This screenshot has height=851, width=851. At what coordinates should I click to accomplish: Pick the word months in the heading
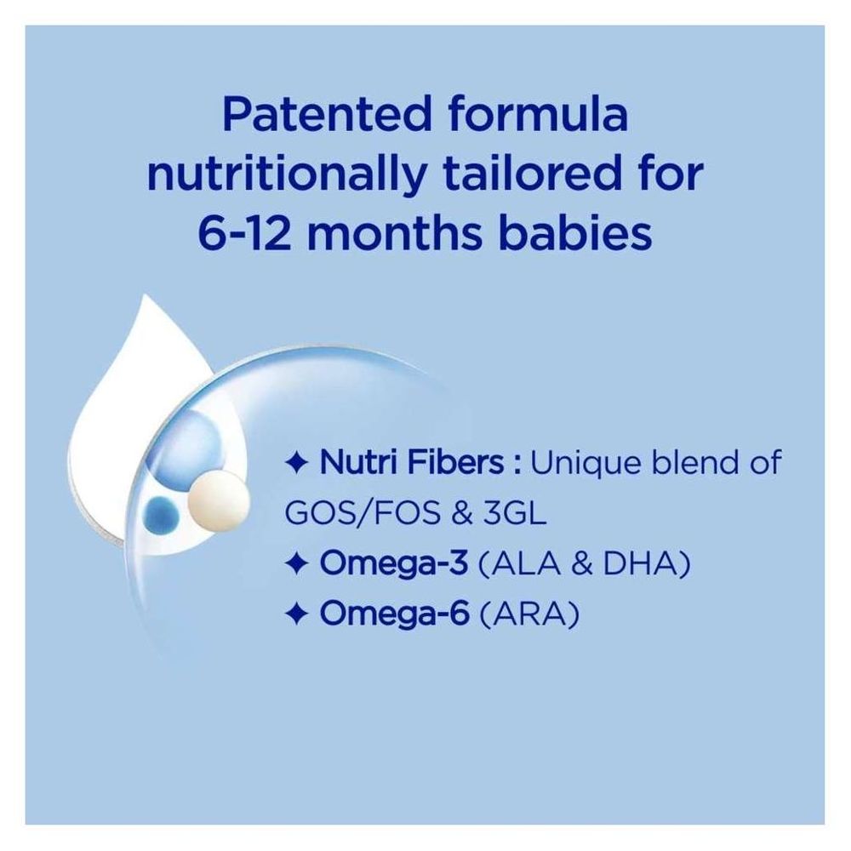pos(380,232)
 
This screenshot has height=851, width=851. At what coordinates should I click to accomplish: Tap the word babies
pos(572,232)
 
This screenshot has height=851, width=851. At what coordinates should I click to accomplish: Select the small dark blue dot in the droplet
pos(163,515)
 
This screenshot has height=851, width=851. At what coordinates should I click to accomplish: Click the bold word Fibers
pos(459,465)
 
